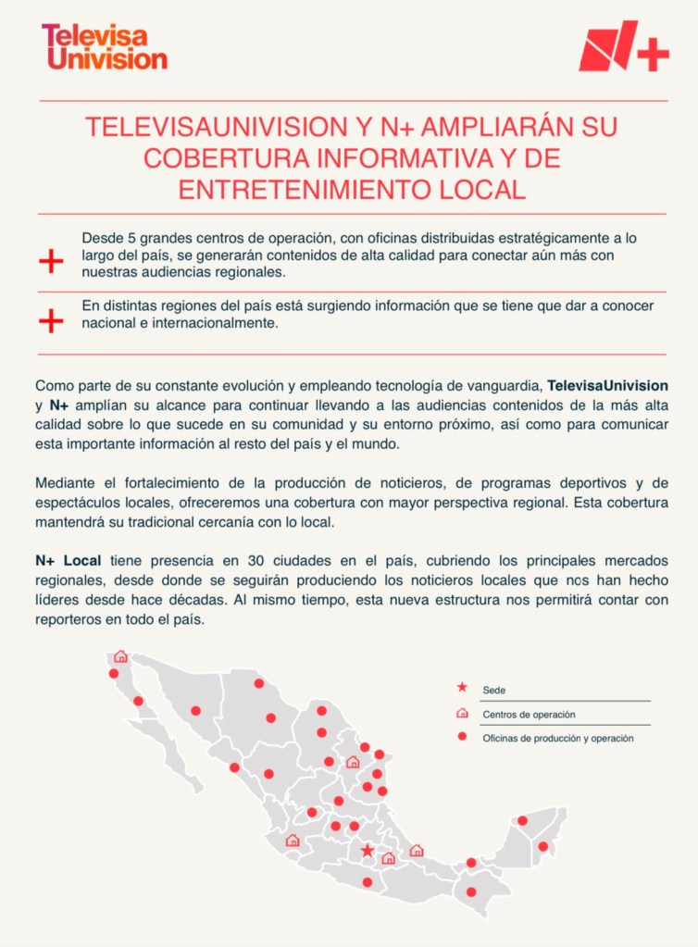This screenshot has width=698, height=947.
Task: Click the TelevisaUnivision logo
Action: (x=104, y=46)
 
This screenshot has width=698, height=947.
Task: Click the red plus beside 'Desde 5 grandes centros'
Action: (x=51, y=261)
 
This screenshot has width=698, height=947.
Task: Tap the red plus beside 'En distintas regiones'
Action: (x=51, y=320)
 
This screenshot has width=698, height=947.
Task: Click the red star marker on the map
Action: (x=368, y=850)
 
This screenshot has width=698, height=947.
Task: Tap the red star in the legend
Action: (x=462, y=689)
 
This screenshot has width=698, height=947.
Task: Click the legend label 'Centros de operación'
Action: (x=529, y=715)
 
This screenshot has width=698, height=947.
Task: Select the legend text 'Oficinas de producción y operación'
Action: (x=557, y=738)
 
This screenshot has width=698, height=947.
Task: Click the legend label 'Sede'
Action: (x=493, y=690)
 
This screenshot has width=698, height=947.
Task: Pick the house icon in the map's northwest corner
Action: (x=120, y=656)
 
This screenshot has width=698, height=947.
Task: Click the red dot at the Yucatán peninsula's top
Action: (x=522, y=820)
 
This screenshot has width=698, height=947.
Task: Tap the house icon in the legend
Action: (x=462, y=714)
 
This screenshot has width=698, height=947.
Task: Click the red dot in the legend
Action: (x=462, y=738)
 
